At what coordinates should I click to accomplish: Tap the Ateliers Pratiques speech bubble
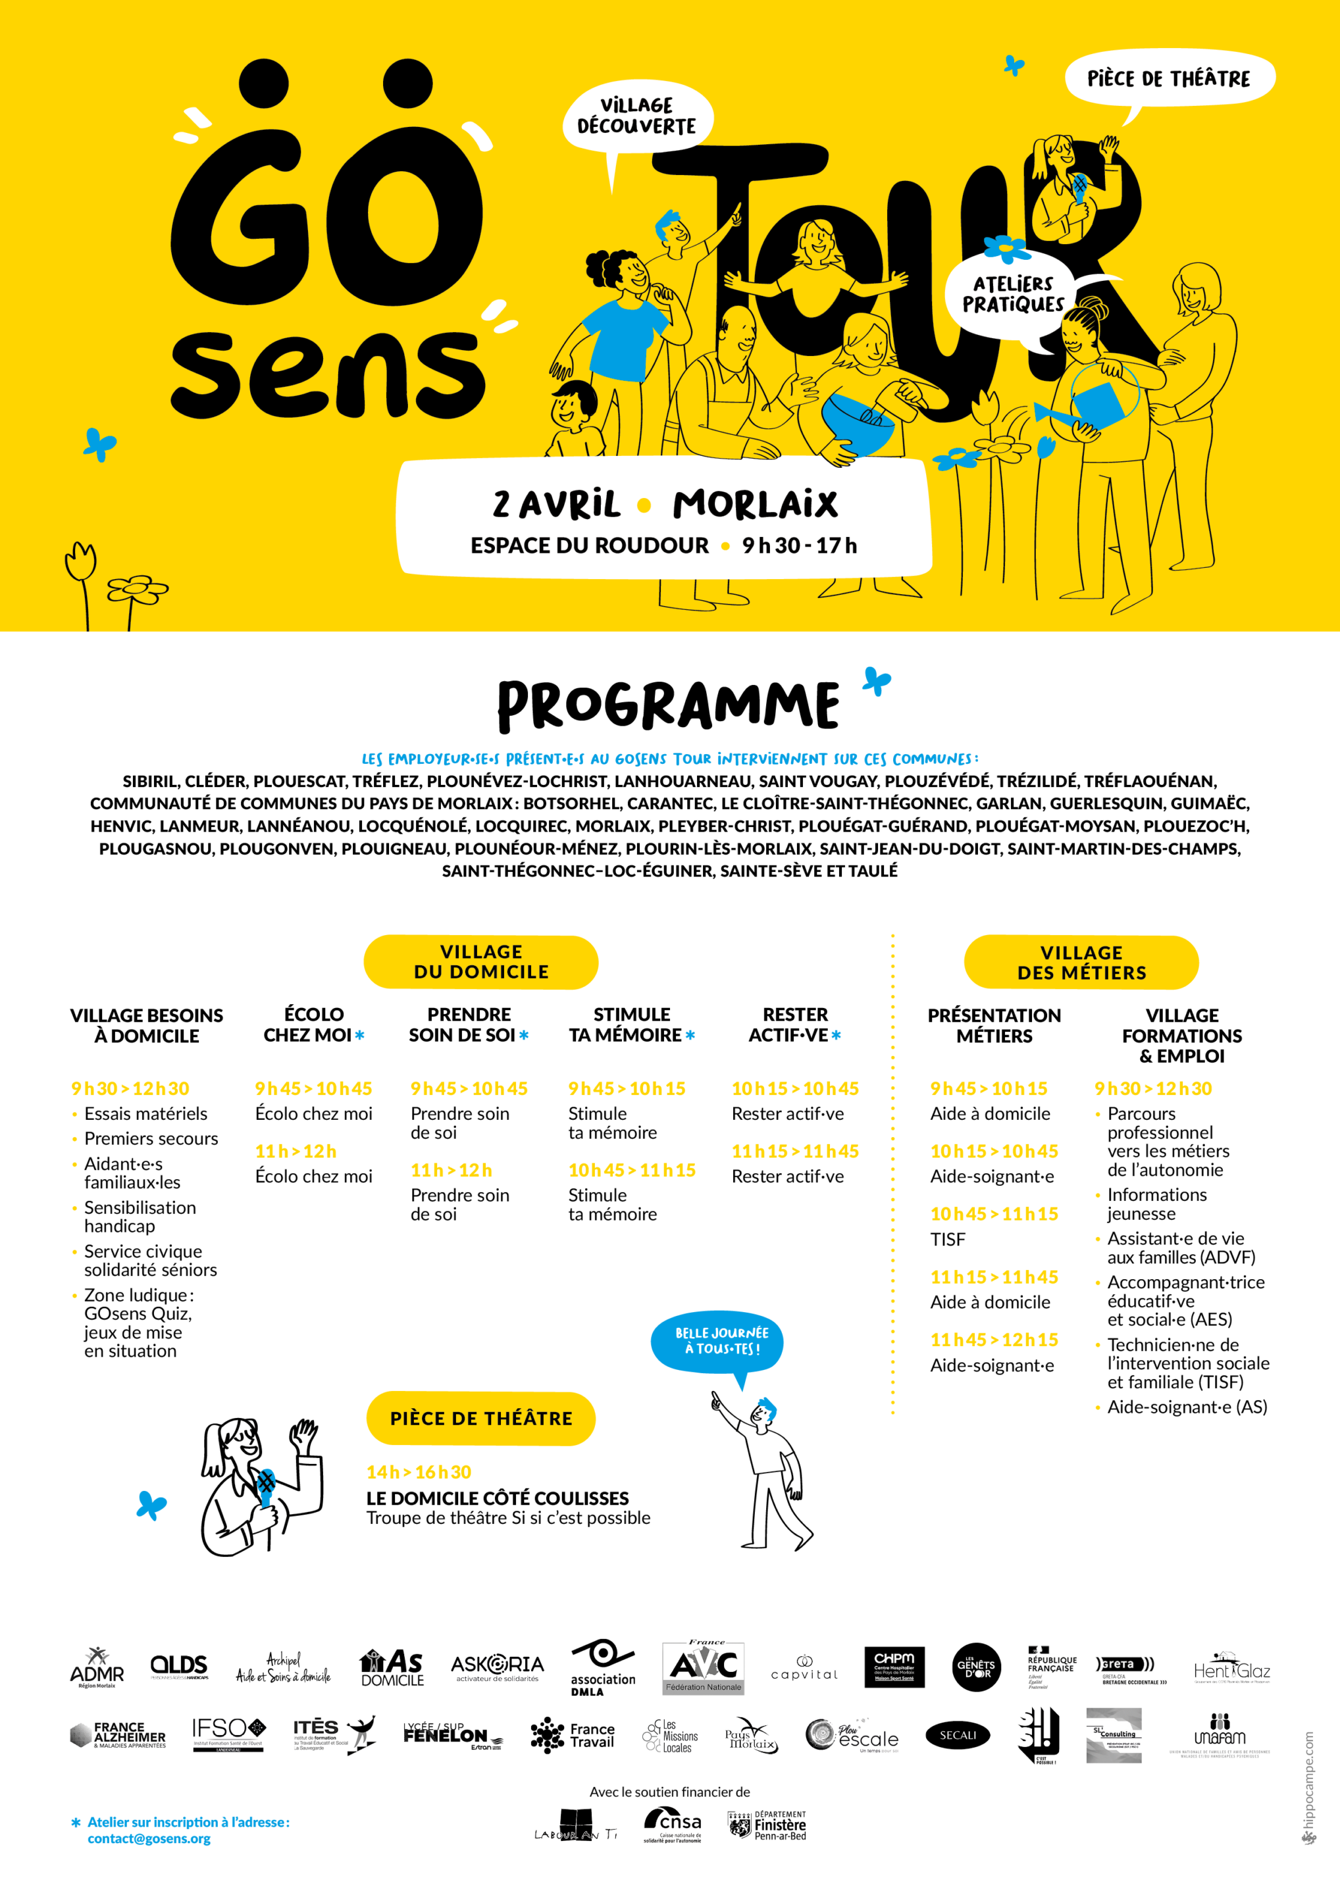click(1012, 295)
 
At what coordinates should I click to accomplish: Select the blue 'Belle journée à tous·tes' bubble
click(717, 1341)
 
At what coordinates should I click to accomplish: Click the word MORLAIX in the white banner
click(755, 504)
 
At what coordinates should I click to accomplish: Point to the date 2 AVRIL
click(557, 504)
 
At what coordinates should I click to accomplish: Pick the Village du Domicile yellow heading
click(480, 963)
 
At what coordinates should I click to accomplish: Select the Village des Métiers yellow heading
click(1081, 963)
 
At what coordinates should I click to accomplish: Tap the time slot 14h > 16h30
click(419, 1473)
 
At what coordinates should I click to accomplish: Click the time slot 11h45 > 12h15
click(994, 1340)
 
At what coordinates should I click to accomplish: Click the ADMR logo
click(97, 1667)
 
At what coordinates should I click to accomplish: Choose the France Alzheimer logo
click(117, 1735)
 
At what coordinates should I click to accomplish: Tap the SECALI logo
click(958, 1735)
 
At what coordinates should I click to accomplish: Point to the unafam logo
click(1219, 1735)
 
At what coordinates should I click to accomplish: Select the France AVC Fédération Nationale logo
click(704, 1667)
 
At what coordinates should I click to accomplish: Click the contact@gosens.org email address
click(149, 1839)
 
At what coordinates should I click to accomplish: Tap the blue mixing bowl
click(856, 427)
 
